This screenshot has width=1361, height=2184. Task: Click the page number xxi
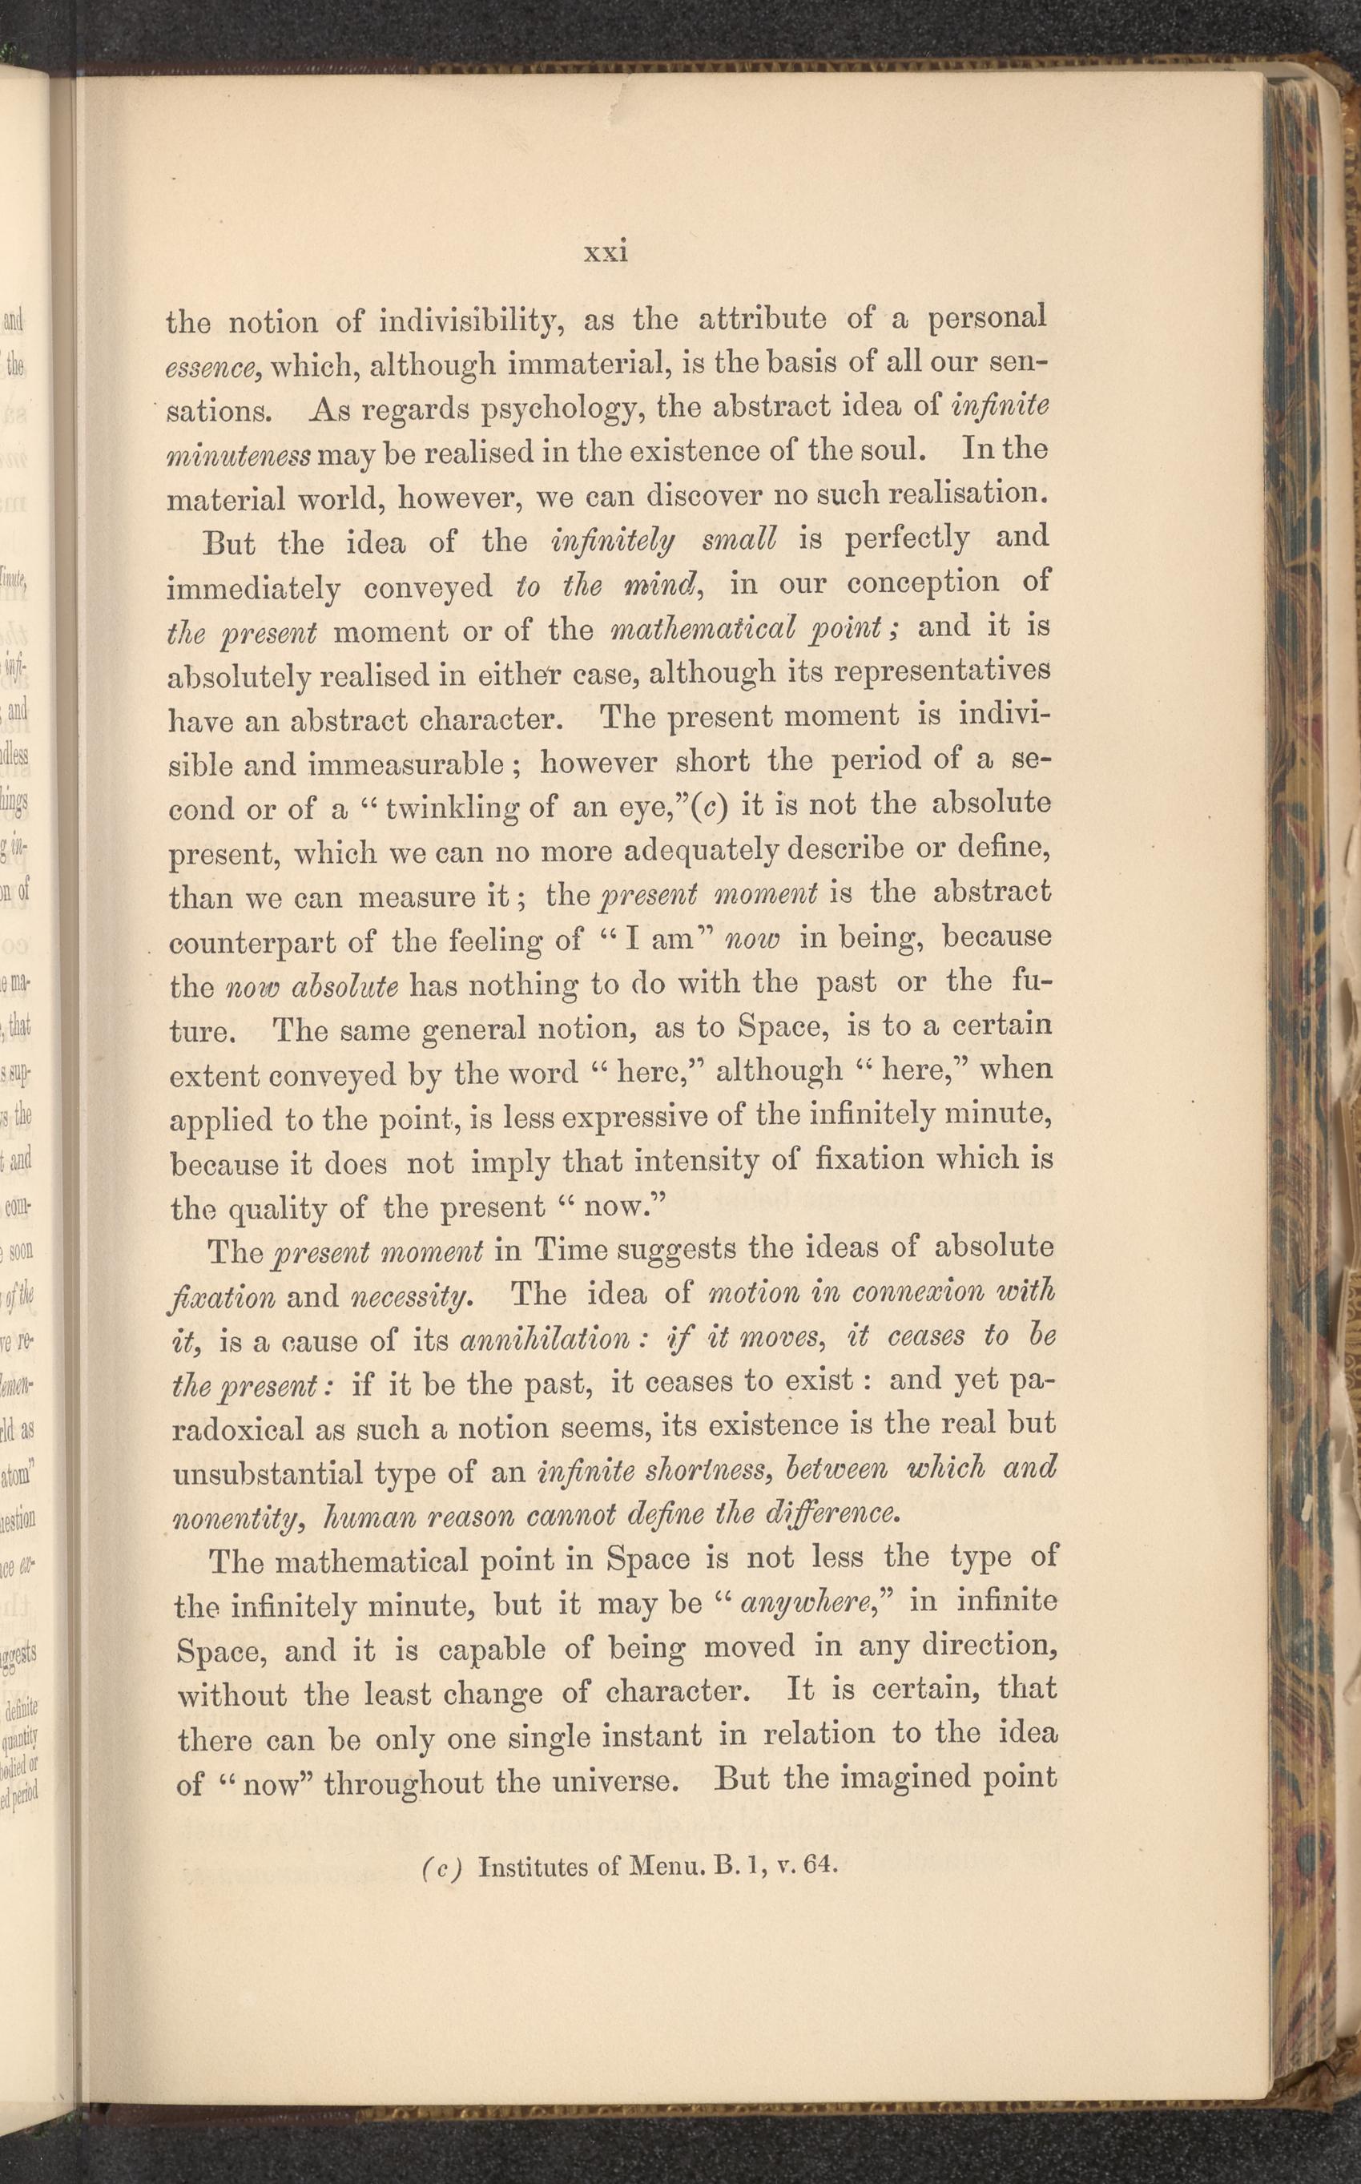[606, 252]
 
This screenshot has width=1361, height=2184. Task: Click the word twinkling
[454, 807]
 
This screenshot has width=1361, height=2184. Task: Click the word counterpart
[271, 941]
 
